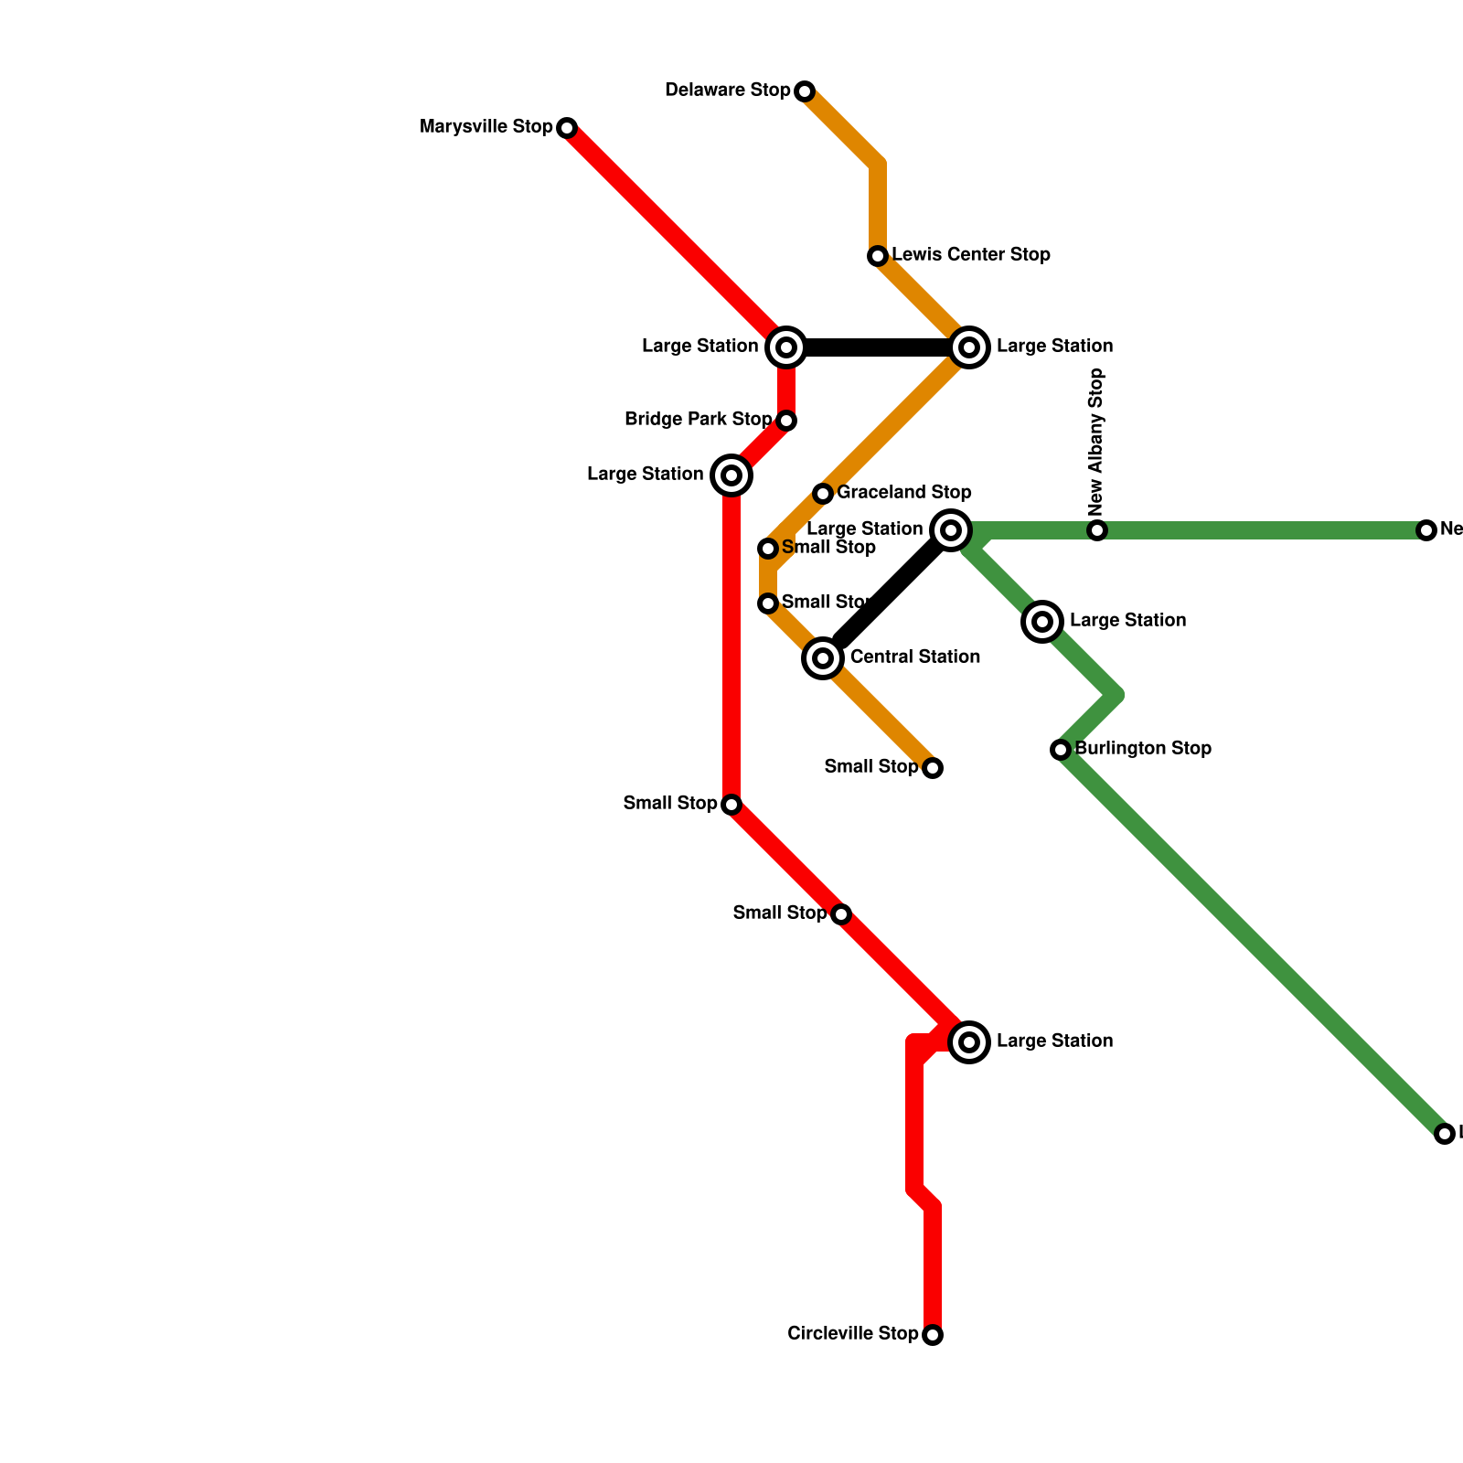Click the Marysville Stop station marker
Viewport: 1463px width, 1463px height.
(x=567, y=128)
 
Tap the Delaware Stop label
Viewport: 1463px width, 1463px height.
(x=727, y=91)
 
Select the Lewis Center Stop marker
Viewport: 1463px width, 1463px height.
(x=878, y=256)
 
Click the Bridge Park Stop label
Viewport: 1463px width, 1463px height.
(x=698, y=420)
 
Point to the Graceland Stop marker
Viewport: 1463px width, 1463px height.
(x=823, y=494)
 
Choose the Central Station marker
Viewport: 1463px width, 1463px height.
(x=823, y=658)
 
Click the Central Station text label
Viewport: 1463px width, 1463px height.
(x=914, y=657)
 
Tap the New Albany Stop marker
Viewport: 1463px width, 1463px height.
(x=1097, y=530)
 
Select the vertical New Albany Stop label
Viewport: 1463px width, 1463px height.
(x=1096, y=442)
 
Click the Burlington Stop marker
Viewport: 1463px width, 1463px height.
(x=1061, y=750)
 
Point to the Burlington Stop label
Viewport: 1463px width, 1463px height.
(x=1143, y=749)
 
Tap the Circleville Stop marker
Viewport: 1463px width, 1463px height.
(x=933, y=1335)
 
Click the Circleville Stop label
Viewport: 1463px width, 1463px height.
(x=852, y=1334)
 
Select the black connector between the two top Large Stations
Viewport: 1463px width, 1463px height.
(x=878, y=347)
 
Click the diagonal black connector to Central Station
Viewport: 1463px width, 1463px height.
(x=887, y=594)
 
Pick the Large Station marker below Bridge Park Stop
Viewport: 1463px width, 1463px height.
(x=731, y=475)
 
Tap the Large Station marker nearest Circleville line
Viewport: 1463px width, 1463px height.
(x=969, y=1042)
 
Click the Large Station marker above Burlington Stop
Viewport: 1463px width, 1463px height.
(x=1042, y=622)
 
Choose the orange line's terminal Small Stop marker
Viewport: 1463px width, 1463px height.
(x=933, y=768)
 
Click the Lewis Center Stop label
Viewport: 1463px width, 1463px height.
(x=970, y=255)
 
